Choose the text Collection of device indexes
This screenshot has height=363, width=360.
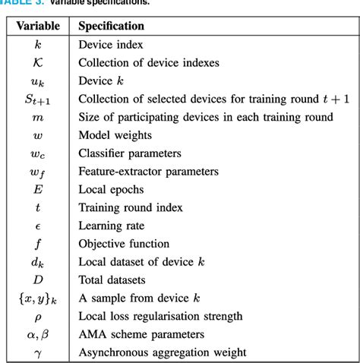click(153, 63)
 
